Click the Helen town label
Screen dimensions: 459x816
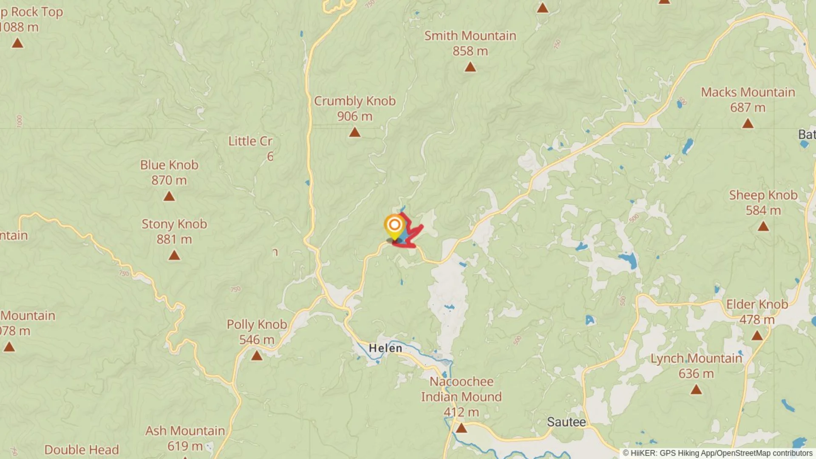tap(385, 348)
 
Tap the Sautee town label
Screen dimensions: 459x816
tap(566, 422)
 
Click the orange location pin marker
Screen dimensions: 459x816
tap(394, 226)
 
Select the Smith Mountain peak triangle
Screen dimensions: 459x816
tap(470, 67)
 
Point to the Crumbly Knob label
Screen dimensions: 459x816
tap(355, 101)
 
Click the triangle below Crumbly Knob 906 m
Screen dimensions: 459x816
tap(355, 133)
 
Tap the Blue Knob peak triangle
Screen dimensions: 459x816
tap(169, 196)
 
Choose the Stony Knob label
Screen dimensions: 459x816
tap(174, 224)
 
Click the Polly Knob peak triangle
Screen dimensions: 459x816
tap(257, 356)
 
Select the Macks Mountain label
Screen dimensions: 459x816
tap(748, 92)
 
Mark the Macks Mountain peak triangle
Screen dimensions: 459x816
tap(748, 124)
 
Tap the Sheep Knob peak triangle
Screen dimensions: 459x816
tap(763, 227)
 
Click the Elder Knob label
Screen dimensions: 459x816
tap(757, 304)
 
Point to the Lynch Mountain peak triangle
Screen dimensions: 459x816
tap(696, 389)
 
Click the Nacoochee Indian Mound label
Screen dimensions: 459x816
tap(462, 389)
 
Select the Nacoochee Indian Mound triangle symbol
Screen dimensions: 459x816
tap(462, 428)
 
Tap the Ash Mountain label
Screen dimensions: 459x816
tap(185, 431)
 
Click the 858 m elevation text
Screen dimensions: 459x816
tap(470, 51)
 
